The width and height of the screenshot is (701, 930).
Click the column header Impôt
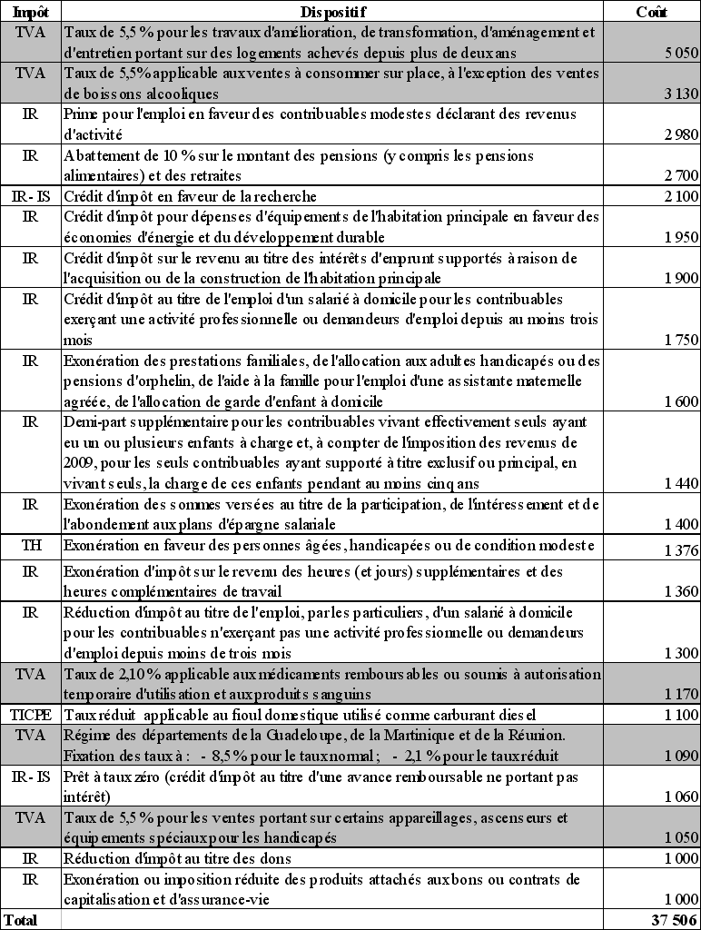click(31, 12)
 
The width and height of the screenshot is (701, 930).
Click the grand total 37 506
click(676, 920)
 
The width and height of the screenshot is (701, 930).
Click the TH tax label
click(31, 545)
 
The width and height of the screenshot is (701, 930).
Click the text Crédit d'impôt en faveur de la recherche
click(190, 196)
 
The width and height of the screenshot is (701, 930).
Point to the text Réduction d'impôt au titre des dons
click(177, 858)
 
